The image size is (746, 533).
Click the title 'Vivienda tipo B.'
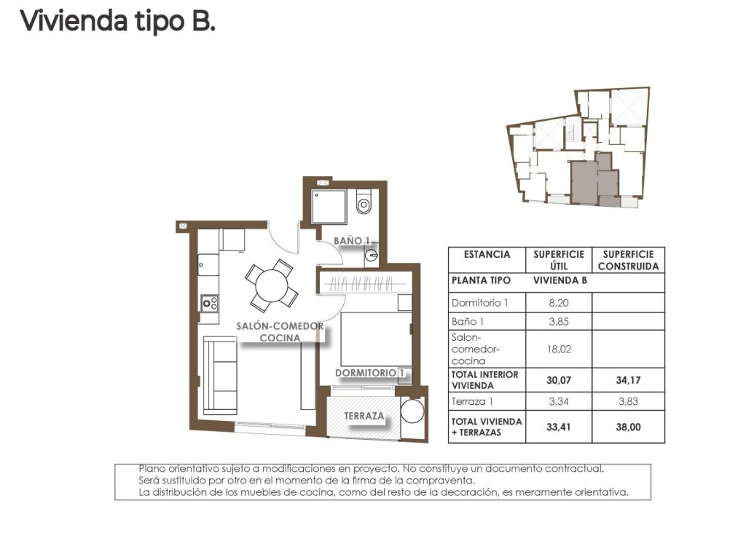click(117, 21)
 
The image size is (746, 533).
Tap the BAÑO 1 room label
click(353, 240)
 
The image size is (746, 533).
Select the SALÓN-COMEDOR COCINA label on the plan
click(280, 333)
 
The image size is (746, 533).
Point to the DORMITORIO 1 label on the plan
click(369, 374)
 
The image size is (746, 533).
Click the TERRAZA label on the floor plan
click(365, 416)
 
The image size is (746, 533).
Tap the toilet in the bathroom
click(364, 204)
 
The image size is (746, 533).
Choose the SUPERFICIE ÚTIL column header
click(559, 260)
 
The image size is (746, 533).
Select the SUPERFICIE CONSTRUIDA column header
click(628, 260)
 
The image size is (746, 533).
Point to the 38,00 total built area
click(628, 427)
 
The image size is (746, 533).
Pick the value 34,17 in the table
click(628, 379)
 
